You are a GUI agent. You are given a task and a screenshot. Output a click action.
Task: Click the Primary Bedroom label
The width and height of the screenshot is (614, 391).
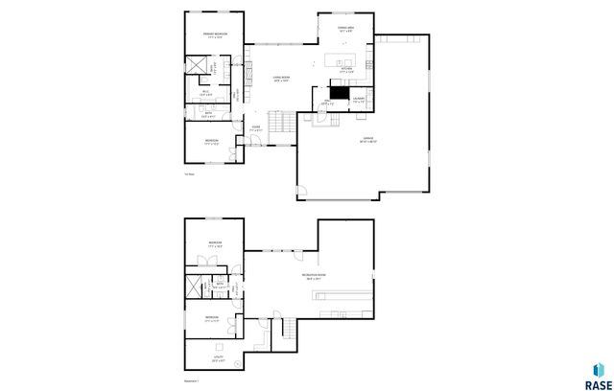pos(213,35)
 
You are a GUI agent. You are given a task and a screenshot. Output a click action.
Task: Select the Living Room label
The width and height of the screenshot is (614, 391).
pos(281,79)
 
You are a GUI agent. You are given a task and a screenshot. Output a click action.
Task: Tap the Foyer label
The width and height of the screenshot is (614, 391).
pos(255,127)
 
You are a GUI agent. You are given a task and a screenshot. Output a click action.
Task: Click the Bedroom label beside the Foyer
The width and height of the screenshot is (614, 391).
pos(212,141)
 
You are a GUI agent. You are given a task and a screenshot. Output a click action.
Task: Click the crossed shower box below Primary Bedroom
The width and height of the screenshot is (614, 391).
pos(198,66)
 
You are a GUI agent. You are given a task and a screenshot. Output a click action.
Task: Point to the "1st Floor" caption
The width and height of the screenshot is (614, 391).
pos(189,173)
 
